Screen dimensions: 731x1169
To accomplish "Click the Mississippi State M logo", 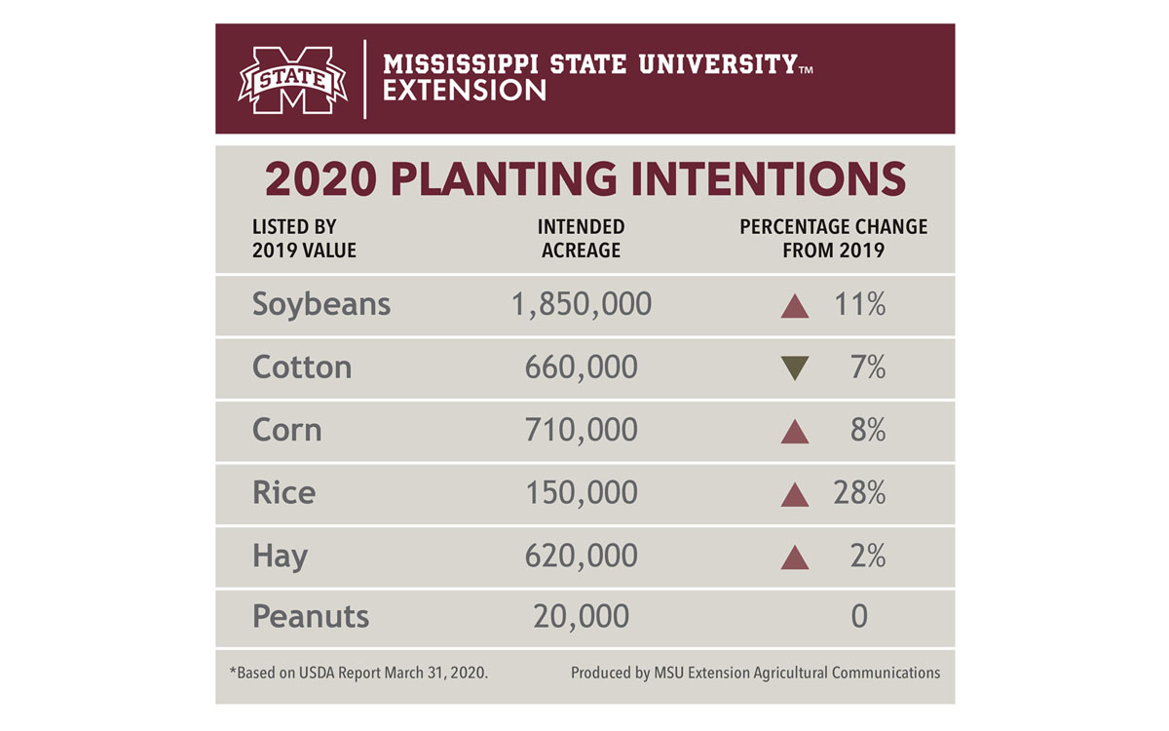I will tap(292, 80).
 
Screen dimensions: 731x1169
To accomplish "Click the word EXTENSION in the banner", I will tap(465, 92).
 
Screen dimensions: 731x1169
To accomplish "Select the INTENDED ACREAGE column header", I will tap(581, 239).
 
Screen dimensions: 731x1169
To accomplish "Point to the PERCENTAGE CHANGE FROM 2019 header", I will tap(833, 239).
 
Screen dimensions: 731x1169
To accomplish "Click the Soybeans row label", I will tap(321, 305).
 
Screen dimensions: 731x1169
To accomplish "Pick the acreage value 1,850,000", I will tap(581, 305).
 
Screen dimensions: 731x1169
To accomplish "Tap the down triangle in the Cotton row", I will tap(795, 368).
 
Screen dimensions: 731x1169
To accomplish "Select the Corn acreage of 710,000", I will tap(581, 430).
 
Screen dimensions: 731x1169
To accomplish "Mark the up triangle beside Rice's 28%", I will tap(795, 495).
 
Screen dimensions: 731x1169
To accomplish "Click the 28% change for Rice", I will tap(858, 493).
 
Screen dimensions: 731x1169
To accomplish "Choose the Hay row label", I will tap(280, 556).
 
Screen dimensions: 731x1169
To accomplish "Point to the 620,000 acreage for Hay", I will tap(581, 556).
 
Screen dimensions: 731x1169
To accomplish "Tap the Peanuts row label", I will tap(311, 617).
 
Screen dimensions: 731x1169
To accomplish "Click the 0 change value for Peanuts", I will tap(858, 617).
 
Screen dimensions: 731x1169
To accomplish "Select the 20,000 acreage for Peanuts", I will tap(581, 617).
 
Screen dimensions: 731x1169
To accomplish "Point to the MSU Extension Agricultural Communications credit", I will tap(755, 673).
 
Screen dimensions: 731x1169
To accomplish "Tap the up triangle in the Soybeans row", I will tap(795, 306).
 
